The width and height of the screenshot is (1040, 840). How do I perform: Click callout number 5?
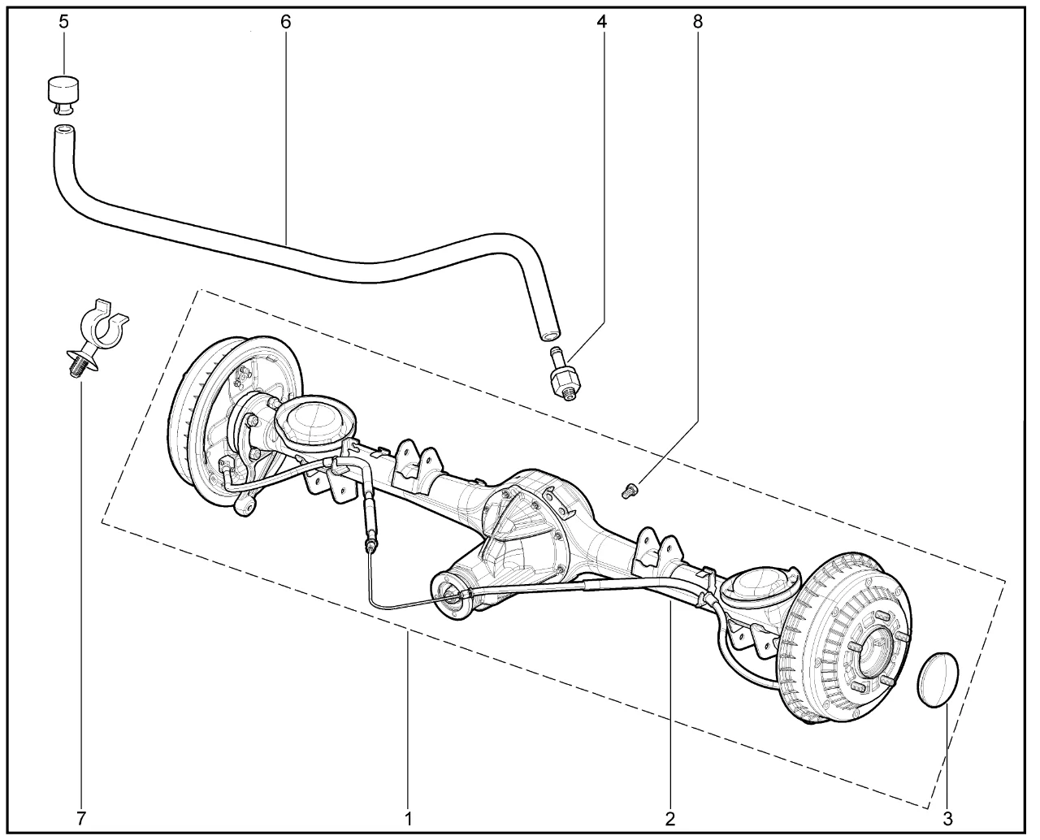point(64,23)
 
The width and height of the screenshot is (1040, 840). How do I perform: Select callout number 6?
point(286,23)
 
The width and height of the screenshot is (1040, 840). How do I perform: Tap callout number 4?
point(601,23)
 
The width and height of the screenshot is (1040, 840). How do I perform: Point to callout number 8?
point(698,23)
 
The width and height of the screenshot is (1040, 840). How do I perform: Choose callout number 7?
point(81,818)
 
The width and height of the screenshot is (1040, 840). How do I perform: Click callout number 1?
point(408,818)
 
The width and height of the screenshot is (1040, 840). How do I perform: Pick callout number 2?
point(669,818)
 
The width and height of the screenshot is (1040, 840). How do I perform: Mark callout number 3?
point(947,818)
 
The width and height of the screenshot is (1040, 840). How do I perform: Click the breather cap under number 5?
point(64,96)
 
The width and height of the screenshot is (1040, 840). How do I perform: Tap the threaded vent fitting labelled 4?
point(563,373)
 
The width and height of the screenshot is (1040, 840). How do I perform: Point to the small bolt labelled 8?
point(630,490)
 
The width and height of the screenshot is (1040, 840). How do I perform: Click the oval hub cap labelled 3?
point(938,678)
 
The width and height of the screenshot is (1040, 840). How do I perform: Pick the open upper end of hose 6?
point(64,131)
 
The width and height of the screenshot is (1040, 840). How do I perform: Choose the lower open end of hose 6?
point(549,336)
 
